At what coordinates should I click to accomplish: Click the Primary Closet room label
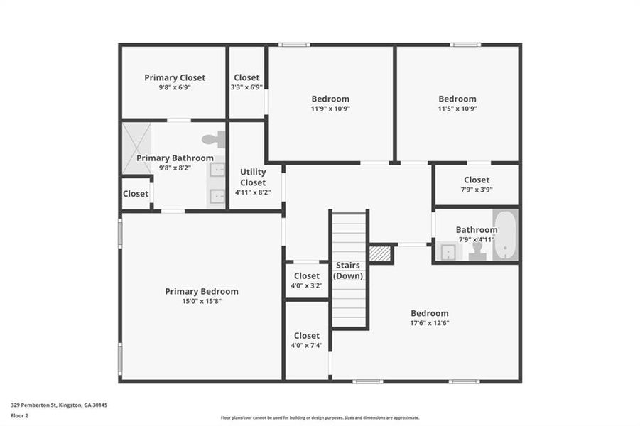(x=175, y=77)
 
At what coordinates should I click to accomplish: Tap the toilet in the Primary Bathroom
(x=214, y=140)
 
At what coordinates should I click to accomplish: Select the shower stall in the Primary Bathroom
(x=136, y=148)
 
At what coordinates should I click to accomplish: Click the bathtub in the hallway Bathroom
(x=505, y=235)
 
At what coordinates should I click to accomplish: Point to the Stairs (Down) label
(x=348, y=271)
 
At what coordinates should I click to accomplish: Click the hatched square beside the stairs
(x=381, y=254)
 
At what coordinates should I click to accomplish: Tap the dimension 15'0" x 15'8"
(x=202, y=301)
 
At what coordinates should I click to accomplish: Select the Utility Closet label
(x=253, y=177)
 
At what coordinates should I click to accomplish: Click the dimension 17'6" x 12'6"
(x=430, y=323)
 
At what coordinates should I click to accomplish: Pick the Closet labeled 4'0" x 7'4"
(x=306, y=335)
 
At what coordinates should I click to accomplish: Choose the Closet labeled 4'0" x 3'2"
(x=306, y=275)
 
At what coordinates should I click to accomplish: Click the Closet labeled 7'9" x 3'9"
(x=476, y=180)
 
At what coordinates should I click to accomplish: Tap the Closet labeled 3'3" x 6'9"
(x=246, y=77)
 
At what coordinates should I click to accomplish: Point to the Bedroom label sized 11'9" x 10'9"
(x=330, y=99)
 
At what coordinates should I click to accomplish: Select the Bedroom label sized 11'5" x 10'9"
(x=457, y=99)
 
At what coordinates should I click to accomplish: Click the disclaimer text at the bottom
(x=320, y=418)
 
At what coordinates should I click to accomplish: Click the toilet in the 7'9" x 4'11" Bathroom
(x=477, y=252)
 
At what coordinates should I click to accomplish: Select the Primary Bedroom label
(x=202, y=291)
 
